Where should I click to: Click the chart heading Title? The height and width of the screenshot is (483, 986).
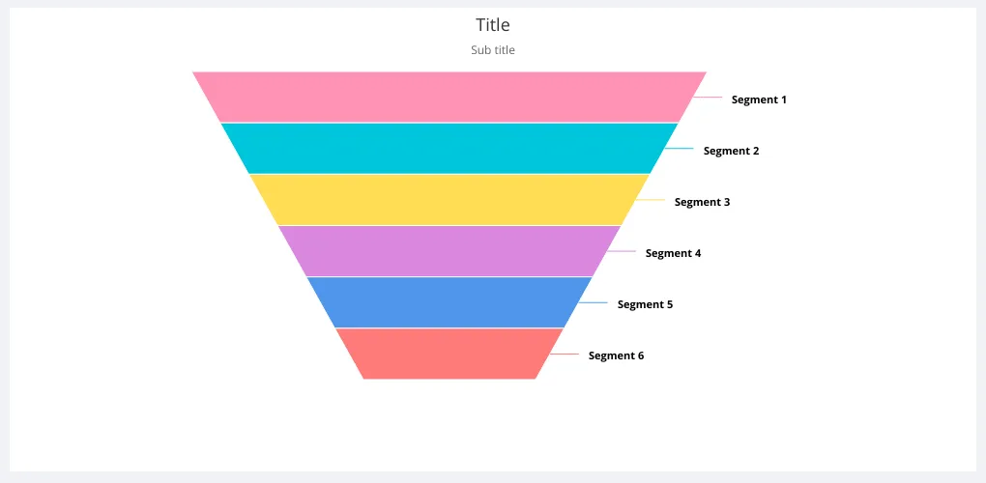coord(493,25)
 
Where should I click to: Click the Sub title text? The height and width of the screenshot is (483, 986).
coord(493,50)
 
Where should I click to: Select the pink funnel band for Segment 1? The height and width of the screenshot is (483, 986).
coord(449,97)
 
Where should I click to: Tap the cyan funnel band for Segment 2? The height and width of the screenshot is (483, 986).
coord(449,148)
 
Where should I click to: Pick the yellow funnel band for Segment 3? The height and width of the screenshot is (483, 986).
coord(449,200)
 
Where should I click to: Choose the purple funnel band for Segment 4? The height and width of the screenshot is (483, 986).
coord(449,251)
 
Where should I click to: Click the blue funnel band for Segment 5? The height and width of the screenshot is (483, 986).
coord(449,302)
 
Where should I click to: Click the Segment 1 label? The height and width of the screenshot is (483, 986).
coord(759,99)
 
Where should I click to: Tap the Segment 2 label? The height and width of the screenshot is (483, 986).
coord(732,151)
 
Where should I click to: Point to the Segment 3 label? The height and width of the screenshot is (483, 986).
coord(703,202)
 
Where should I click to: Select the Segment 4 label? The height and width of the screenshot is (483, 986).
coord(674,254)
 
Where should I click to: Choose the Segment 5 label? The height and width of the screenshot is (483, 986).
coord(645,304)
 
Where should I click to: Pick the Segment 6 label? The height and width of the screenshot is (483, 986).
coord(617,355)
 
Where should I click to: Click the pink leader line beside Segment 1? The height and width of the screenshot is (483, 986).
coord(708,98)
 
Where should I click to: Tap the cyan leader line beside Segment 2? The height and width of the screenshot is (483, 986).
coord(680,148)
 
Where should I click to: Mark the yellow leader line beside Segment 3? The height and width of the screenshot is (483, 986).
coord(651,200)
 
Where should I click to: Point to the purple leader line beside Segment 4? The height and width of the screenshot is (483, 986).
coord(622,251)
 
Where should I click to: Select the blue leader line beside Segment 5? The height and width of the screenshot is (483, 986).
coord(593,302)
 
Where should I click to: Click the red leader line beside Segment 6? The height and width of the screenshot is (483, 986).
coord(565,355)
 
